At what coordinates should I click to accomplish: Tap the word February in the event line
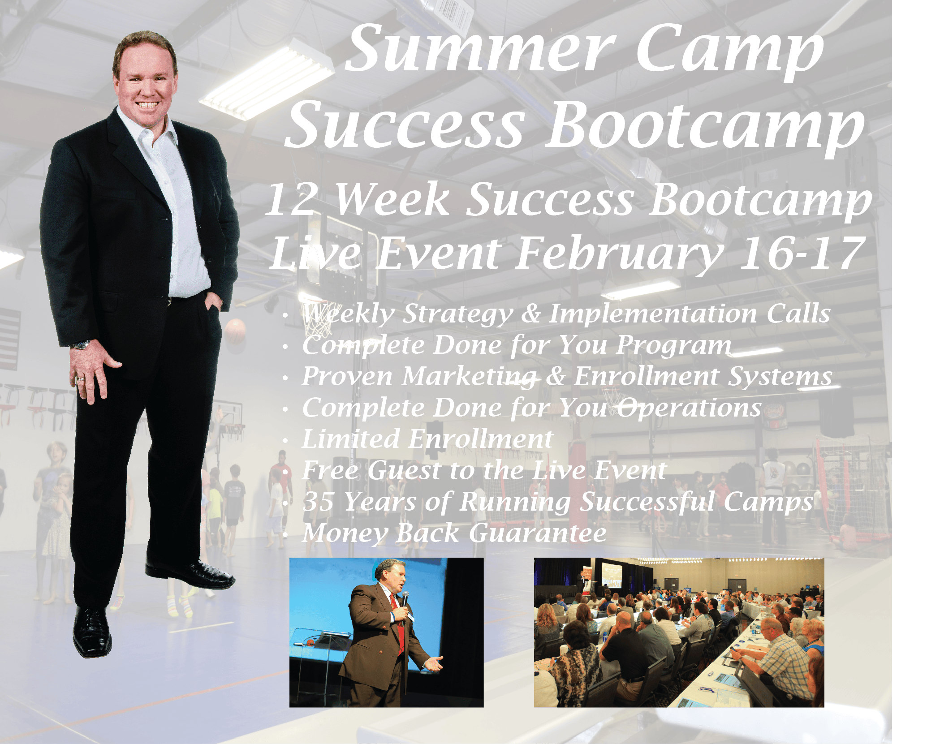point(619,254)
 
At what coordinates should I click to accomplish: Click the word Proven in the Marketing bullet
point(347,376)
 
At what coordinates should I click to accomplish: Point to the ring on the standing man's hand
point(80,379)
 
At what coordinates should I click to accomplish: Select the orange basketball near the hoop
point(235,331)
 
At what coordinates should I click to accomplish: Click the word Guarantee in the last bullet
point(537,533)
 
